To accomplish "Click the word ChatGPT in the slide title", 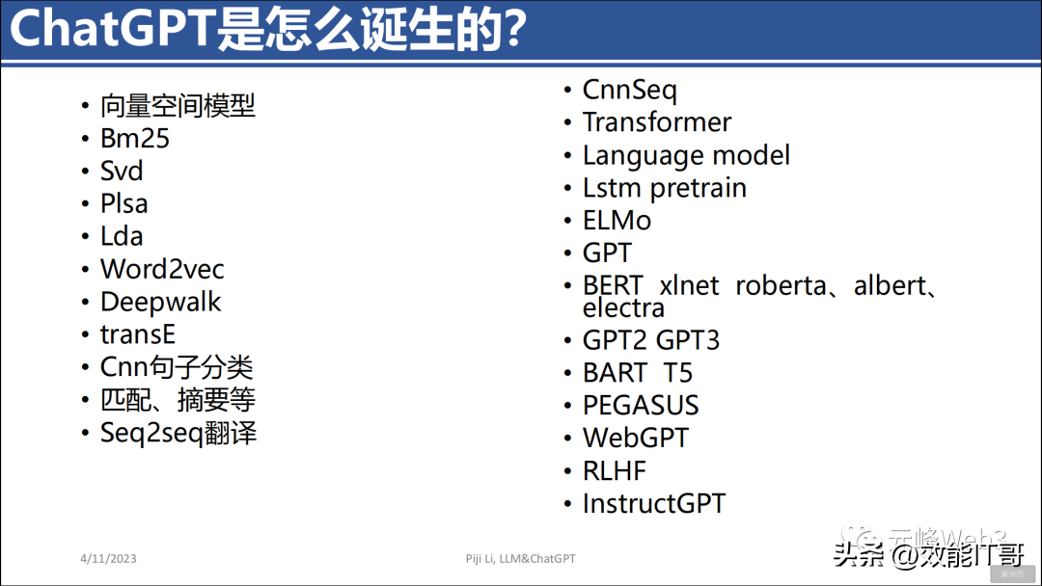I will pyautogui.click(x=111, y=30).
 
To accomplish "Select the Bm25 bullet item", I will pyautogui.click(x=135, y=139).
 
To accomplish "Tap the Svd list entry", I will pyautogui.click(x=122, y=172).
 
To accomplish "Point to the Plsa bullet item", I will pyautogui.click(x=124, y=204).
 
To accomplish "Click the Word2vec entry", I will pyautogui.click(x=162, y=270).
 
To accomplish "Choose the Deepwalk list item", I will pyautogui.click(x=160, y=303).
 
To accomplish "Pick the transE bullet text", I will pyautogui.click(x=138, y=335).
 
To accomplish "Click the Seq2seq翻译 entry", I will pyautogui.click(x=178, y=433).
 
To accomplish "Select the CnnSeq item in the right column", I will pyautogui.click(x=629, y=91).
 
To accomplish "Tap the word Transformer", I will pyautogui.click(x=656, y=122).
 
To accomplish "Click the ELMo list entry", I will pyautogui.click(x=617, y=221).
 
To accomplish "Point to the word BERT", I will pyautogui.click(x=613, y=286).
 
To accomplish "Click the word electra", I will pyautogui.click(x=623, y=308).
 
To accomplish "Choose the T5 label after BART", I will pyautogui.click(x=677, y=373).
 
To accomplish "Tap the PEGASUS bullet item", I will pyautogui.click(x=641, y=406).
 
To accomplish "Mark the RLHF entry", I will pyautogui.click(x=614, y=471).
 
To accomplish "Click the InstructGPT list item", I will pyautogui.click(x=653, y=504).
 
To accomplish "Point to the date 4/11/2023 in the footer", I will pyautogui.click(x=109, y=559).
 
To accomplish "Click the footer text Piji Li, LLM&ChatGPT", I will pyautogui.click(x=520, y=559).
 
